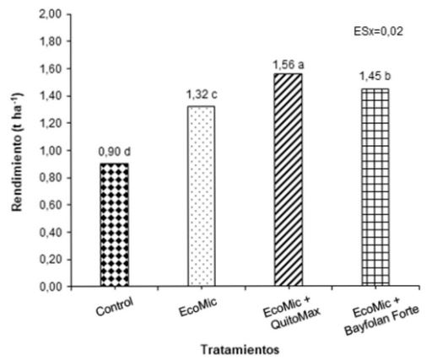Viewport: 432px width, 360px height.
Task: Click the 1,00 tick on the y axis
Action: coord(52,151)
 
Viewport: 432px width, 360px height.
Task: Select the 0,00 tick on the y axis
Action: coord(52,287)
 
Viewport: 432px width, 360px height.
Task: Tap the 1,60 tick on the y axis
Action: coord(52,69)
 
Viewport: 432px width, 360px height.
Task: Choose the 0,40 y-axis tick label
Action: coord(52,233)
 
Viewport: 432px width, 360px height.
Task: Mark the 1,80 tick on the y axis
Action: coord(52,42)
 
